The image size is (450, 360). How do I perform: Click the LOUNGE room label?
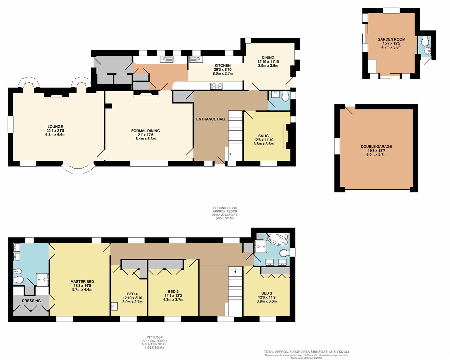[55, 127]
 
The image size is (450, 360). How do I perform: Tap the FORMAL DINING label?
[145, 131]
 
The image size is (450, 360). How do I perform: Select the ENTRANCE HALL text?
[211, 119]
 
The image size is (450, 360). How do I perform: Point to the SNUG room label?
[264, 136]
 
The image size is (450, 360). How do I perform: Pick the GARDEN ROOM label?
[391, 39]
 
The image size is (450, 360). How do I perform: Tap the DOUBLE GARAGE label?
[376, 147]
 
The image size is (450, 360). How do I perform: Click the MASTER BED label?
[82, 282]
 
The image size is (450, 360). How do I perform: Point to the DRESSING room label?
[31, 301]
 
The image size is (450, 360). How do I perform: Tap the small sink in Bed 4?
[114, 306]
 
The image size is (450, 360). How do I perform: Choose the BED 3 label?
[267, 293]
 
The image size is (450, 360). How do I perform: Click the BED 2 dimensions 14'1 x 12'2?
[173, 296]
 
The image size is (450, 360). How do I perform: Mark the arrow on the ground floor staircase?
[230, 154]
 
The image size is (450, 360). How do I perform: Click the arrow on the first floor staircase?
[236, 271]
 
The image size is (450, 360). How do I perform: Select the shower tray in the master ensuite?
[43, 279]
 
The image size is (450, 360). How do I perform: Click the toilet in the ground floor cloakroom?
[285, 97]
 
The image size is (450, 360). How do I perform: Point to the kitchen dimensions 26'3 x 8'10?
[223, 70]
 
